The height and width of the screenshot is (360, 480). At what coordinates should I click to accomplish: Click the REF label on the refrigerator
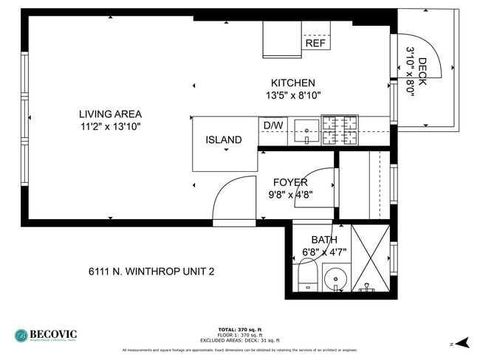315,44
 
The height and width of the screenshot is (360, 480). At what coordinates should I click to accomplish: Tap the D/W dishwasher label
273,125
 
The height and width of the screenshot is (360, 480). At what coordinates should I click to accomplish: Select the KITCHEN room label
293,83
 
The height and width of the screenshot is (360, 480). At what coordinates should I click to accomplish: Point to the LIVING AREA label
111,114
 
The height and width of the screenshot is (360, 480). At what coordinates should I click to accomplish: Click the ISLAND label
223,139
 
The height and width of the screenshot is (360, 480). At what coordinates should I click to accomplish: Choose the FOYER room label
290,182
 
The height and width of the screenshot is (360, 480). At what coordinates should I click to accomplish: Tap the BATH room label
323,240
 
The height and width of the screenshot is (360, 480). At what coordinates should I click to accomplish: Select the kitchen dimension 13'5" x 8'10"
293,95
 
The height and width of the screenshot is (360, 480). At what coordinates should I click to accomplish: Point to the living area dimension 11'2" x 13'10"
111,126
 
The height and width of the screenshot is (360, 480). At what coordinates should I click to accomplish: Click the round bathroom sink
336,279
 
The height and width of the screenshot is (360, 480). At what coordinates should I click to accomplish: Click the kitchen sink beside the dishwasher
306,131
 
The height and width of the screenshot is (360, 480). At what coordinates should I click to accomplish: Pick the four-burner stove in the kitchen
340,130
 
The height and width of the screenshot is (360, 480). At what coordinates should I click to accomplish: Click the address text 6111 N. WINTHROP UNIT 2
151,271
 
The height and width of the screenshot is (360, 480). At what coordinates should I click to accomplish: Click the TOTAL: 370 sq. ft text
240,329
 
